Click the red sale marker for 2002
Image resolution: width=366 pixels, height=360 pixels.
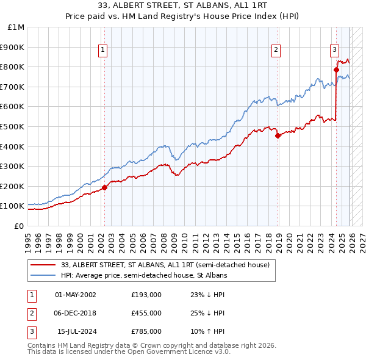[x=104, y=187]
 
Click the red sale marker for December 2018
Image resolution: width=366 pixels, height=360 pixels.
[x=278, y=135]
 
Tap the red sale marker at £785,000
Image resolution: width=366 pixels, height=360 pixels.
[x=336, y=70]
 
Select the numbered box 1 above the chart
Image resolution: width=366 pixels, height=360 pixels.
[x=102, y=50]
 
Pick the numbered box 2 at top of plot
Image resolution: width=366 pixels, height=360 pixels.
[x=276, y=50]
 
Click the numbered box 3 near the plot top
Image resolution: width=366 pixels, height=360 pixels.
[x=335, y=50]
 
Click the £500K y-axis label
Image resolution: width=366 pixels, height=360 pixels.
[x=13, y=126]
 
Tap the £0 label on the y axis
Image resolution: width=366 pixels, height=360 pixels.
[x=18, y=226]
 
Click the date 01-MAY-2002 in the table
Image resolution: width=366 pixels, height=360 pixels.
[x=76, y=295]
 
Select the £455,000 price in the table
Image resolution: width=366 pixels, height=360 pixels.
[x=146, y=312]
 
